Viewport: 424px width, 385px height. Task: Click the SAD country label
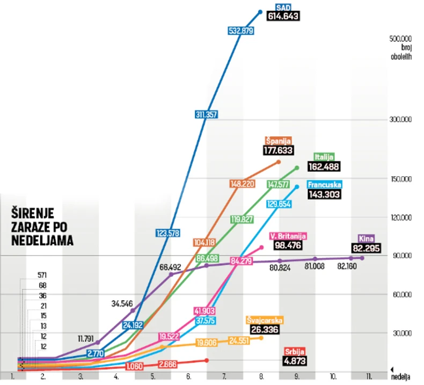pos(282,8)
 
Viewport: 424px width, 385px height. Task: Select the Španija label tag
pos(278,141)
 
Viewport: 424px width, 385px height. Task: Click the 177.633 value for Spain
pos(278,150)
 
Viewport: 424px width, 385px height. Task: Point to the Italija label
pos(323,157)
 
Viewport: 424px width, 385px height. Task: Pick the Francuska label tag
pos(325,184)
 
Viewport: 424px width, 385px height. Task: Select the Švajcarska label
pos(265,320)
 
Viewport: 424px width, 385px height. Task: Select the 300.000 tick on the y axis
pos(400,119)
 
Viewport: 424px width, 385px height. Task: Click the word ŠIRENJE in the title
pos(32,213)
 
